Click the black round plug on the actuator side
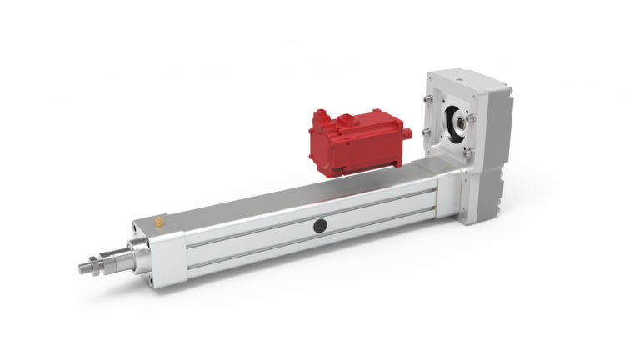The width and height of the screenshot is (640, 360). [320, 225]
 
